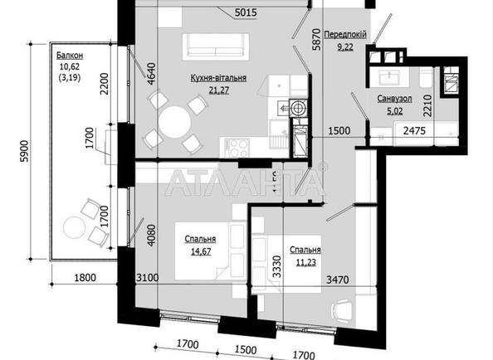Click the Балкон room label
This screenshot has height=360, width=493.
tap(71, 55)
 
